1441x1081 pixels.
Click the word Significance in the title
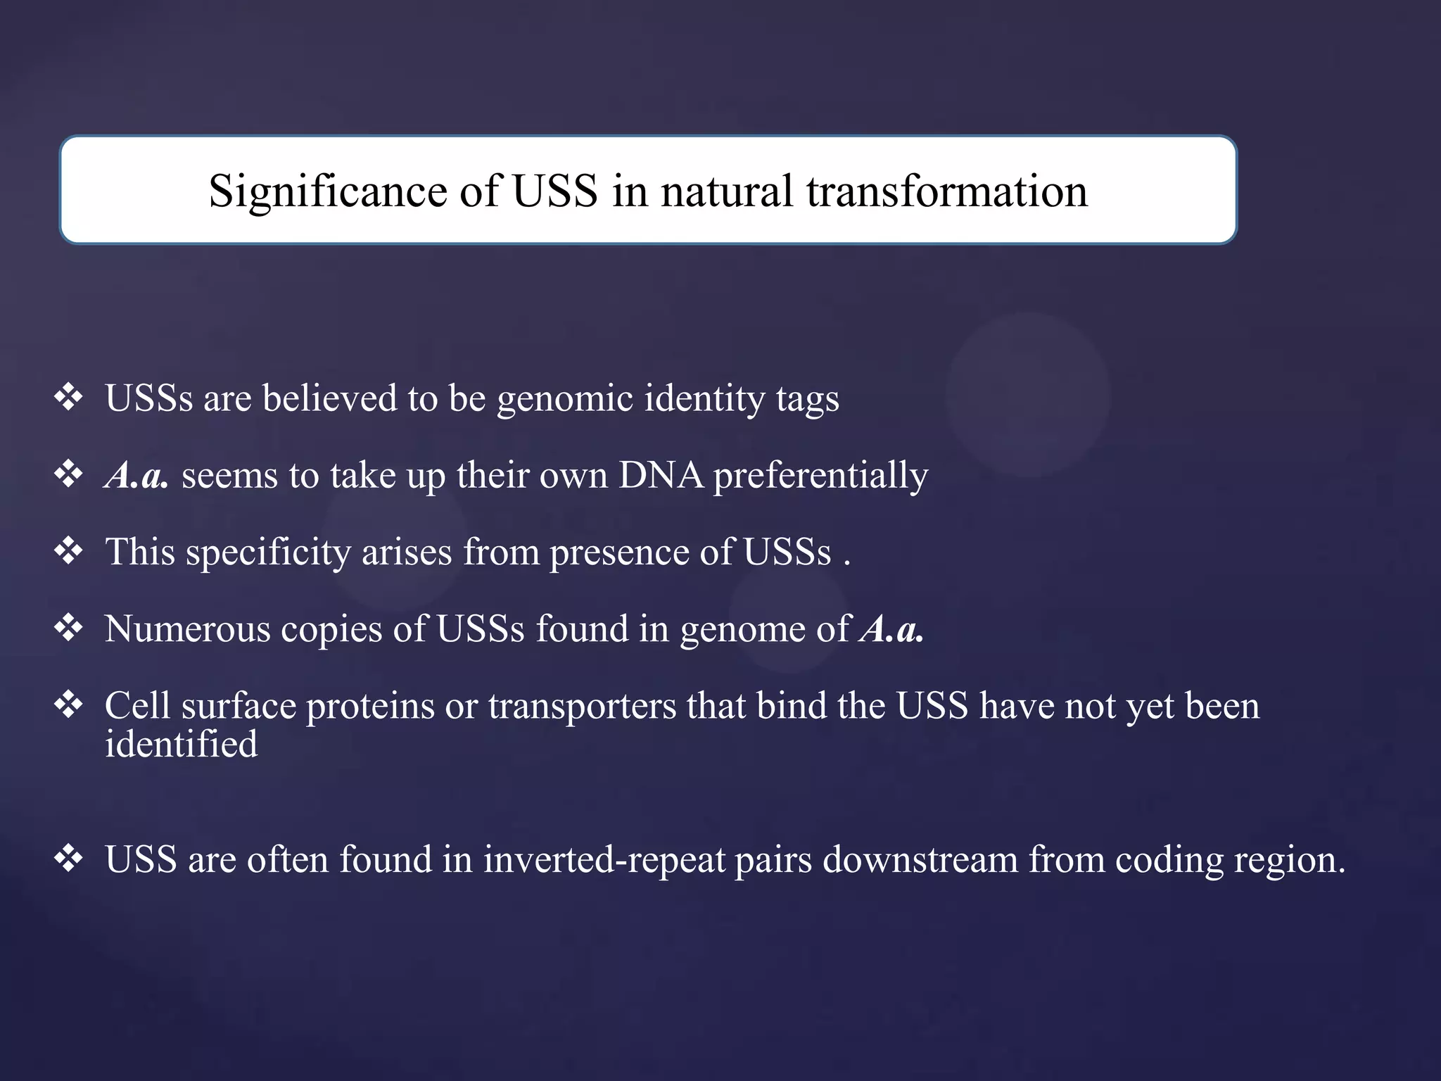pos(327,191)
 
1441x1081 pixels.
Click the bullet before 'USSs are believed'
pos(69,398)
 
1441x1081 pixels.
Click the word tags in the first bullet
pos(807,399)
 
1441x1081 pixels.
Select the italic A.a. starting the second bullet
pos(137,475)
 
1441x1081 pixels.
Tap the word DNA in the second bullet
pos(661,475)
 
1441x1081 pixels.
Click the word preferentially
pos(820,476)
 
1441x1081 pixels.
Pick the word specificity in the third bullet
pos(268,552)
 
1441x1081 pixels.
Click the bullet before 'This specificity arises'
pos(69,551)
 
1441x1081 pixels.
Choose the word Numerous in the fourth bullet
pos(187,628)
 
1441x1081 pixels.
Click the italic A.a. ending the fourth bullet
pos(891,628)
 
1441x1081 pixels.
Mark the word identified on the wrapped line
pos(181,744)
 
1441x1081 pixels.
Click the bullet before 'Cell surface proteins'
pos(69,704)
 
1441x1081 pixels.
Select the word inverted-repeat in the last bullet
pos(604,860)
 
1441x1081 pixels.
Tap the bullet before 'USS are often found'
pos(69,859)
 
